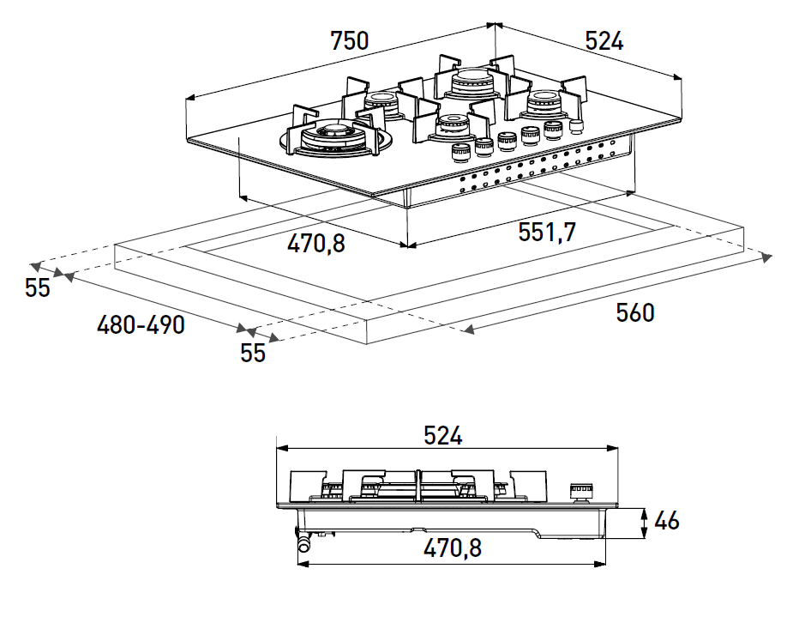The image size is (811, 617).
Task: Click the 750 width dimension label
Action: (x=350, y=41)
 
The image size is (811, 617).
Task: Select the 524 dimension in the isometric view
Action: (x=604, y=41)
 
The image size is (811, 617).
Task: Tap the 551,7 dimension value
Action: (x=547, y=232)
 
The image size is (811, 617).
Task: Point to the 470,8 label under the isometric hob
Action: (x=315, y=243)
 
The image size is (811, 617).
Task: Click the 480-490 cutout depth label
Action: (x=141, y=325)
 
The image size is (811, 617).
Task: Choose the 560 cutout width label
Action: (x=634, y=313)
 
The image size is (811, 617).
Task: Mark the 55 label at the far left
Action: (x=37, y=287)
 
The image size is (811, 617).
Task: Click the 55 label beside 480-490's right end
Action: (x=252, y=353)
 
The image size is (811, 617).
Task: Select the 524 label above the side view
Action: (x=442, y=435)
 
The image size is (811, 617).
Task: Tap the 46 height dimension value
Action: (x=666, y=521)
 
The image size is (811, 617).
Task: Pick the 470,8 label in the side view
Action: (x=452, y=548)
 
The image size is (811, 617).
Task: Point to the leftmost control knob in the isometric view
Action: (x=460, y=153)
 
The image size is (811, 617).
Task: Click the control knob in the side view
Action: (x=581, y=493)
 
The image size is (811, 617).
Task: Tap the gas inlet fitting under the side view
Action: (x=303, y=540)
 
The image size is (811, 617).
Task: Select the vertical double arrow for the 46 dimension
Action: (x=644, y=523)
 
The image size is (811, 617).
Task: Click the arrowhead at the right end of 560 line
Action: (x=766, y=257)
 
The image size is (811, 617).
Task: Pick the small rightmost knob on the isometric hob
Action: (x=575, y=126)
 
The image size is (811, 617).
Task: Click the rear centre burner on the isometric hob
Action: (x=472, y=83)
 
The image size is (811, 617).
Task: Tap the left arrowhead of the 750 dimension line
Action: (x=189, y=97)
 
